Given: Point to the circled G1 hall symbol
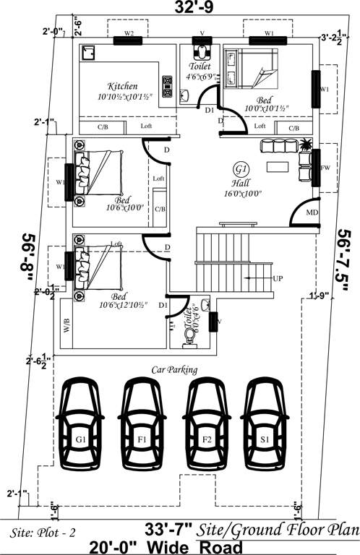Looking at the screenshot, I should click(240, 169).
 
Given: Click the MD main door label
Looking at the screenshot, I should click(312, 212).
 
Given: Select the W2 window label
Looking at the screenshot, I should click(129, 34).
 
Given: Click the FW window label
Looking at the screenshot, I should click(325, 167).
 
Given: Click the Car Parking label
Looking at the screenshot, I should click(174, 370).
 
